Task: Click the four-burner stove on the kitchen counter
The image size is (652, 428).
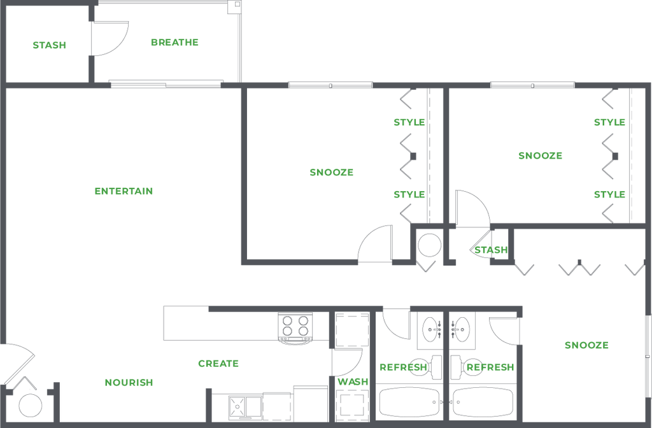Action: point(295,326)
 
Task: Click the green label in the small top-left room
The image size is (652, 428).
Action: point(50,45)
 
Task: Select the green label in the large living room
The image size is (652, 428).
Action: point(124,190)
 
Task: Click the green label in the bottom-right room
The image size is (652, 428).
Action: point(586,345)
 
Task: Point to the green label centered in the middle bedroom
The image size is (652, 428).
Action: point(331,173)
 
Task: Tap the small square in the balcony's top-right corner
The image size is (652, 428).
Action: point(235,7)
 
